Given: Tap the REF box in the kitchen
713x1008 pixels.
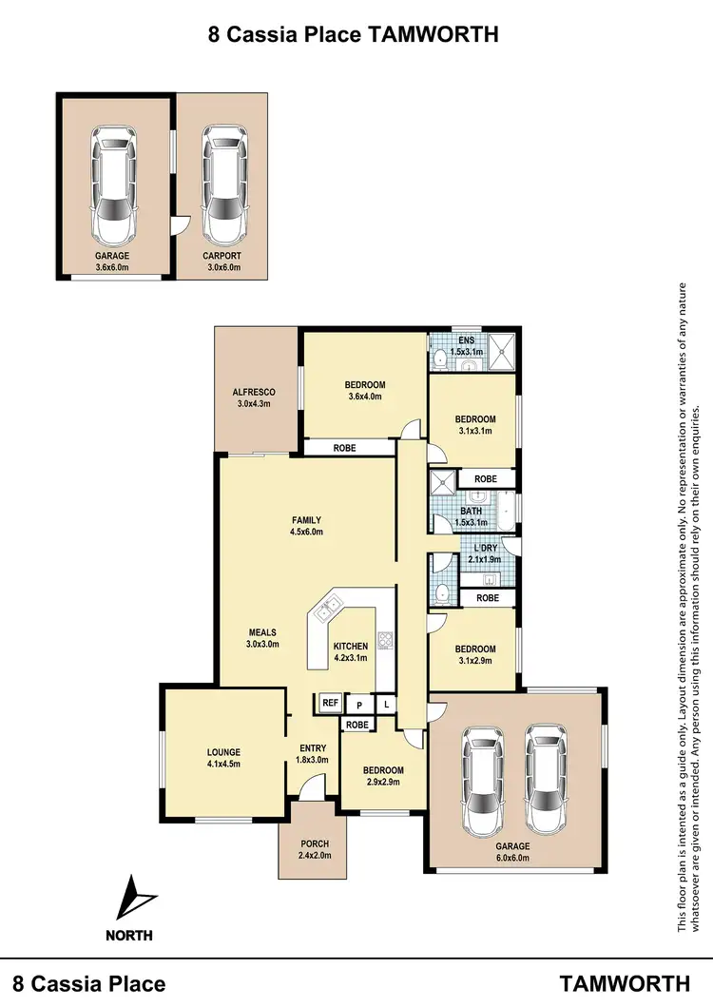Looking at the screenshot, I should coord(330,703).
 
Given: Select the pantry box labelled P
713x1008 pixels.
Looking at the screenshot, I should coord(358,705).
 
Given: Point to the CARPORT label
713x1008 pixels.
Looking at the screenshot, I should coord(222,256).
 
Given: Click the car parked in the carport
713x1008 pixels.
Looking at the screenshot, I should coord(222,186).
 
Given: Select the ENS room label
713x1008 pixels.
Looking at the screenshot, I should coord(466,340).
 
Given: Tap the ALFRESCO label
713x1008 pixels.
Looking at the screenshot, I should coord(254,392).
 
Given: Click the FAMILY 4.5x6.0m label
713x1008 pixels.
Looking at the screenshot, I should coord(306,526).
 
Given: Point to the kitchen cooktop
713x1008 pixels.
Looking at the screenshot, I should coord(386,640).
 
